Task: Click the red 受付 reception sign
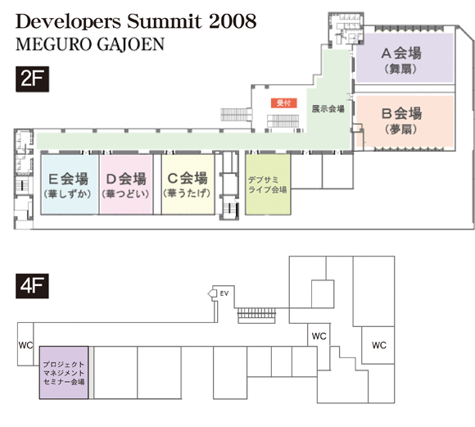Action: pos(284,103)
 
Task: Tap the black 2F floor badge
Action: pos(32,79)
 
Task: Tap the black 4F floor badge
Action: pos(32,286)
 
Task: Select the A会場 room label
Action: pos(401,53)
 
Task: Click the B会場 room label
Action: pos(401,113)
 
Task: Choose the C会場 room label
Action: pos(188,178)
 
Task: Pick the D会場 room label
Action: pos(126,179)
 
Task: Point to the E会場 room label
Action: pos(68,179)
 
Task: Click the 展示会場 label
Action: pos(328,109)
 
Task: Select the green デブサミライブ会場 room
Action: pos(268,184)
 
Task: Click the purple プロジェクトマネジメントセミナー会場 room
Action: pos(64,372)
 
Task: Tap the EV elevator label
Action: pos(224,293)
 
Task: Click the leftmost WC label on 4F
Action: pos(25,345)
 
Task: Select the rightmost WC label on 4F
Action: pos(379,345)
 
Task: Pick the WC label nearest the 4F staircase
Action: pos(319,336)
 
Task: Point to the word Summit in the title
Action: pos(164,21)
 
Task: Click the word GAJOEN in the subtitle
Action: pos(131,44)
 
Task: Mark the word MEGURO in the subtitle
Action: pos(54,44)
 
